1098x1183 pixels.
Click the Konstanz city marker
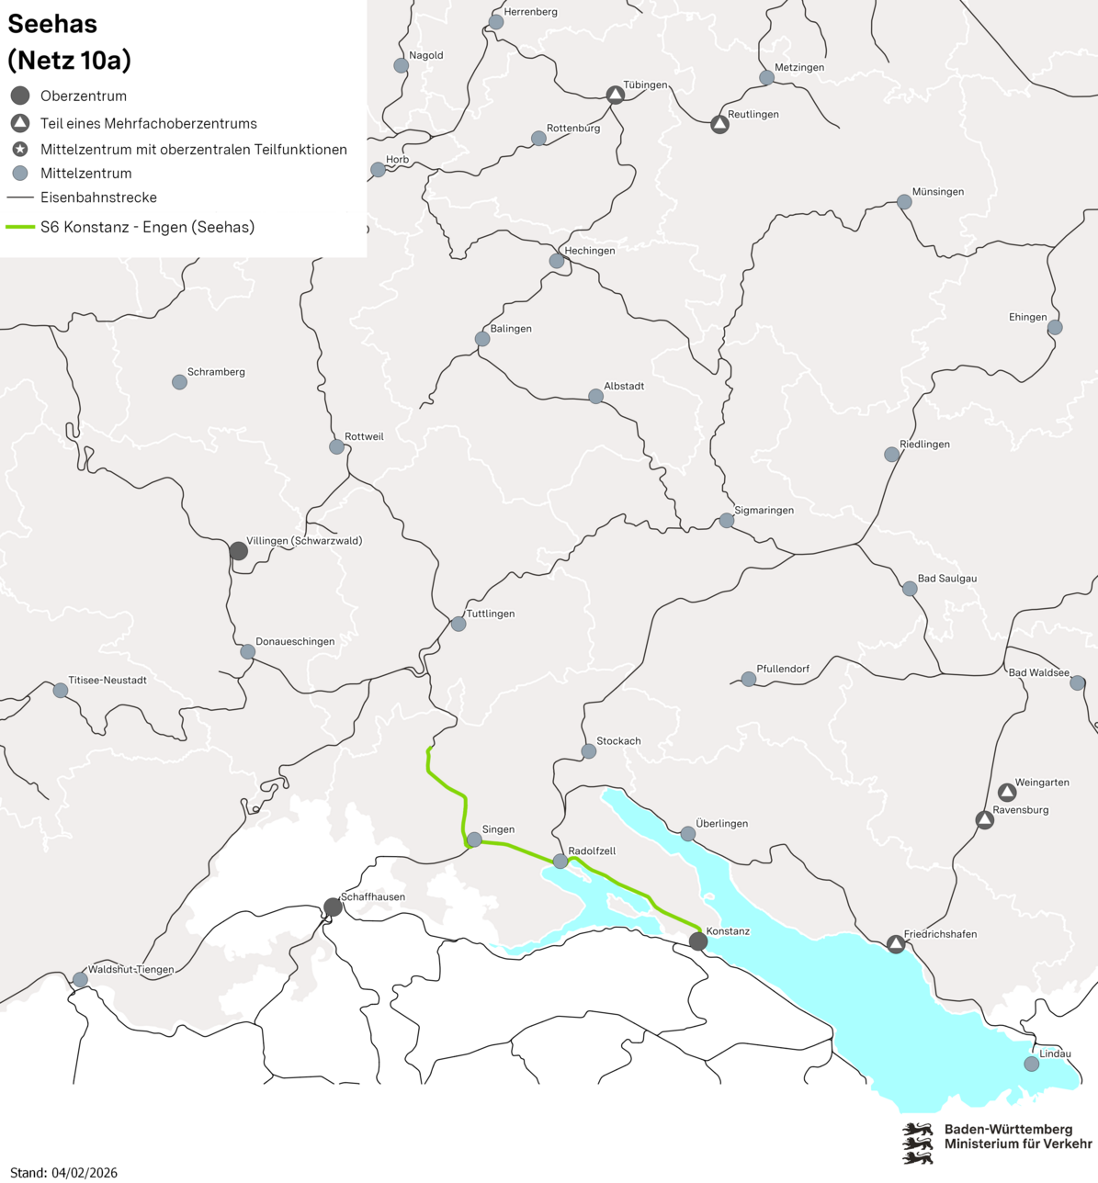698,941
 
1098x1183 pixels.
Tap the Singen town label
498,829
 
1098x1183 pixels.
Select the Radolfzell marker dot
560,862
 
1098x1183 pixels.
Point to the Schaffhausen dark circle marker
334,907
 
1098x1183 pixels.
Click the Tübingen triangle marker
616,95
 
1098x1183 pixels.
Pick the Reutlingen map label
753,114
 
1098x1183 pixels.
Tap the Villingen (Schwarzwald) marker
239,551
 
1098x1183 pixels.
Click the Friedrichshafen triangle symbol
896,944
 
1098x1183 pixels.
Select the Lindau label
1055,1053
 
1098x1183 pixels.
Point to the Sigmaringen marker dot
727,521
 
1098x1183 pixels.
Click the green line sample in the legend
20,227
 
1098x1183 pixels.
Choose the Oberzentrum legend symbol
20,96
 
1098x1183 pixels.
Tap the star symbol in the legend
20,149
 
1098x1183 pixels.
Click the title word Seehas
52,24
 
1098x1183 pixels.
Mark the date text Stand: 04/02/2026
63,1172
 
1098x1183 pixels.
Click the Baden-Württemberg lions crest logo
917,1143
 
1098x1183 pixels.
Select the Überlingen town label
721,823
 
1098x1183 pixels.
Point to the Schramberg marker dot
180,382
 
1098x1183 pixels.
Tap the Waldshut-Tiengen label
130,969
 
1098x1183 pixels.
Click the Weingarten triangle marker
1007,792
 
